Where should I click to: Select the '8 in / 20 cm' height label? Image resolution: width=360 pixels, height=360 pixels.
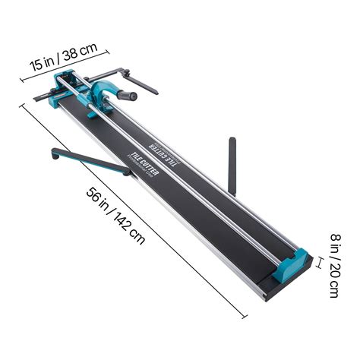(333, 266)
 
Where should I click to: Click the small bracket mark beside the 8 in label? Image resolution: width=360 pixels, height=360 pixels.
(321, 264)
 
